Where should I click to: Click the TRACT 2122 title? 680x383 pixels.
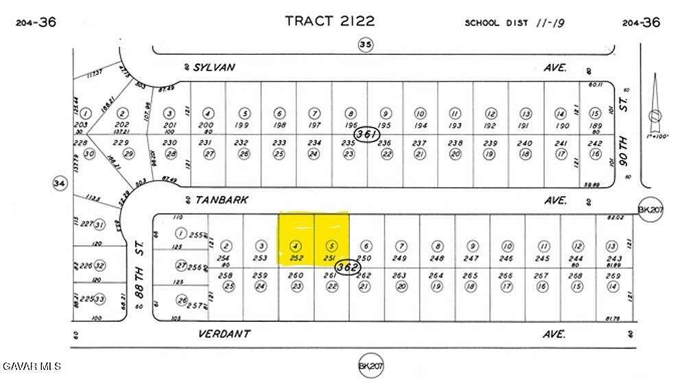click(330, 21)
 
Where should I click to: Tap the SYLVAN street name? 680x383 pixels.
click(214, 67)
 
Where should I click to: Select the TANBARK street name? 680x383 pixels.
click(221, 200)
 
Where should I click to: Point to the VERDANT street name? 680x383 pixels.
click(224, 334)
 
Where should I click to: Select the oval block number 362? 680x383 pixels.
click(349, 266)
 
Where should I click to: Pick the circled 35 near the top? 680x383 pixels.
click(364, 45)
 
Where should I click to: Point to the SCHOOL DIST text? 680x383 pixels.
click(497, 23)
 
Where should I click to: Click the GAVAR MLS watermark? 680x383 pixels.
click(32, 364)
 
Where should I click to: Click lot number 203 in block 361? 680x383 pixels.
click(85, 124)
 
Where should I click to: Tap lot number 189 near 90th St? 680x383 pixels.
click(596, 125)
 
